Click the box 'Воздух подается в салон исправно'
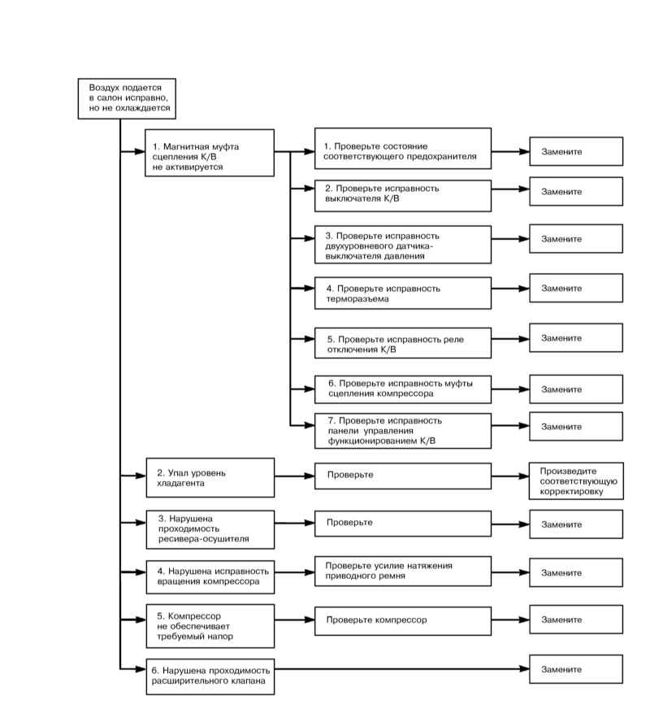coord(127,98)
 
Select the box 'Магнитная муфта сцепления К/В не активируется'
coord(210,153)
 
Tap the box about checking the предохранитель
coord(403,149)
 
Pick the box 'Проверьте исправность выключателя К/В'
coord(403,196)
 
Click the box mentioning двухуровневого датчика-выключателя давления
coord(403,245)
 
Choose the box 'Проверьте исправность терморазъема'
coord(403,293)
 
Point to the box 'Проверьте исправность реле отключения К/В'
coord(403,343)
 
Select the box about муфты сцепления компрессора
coord(403,389)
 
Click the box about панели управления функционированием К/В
coord(403,431)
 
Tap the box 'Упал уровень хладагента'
coord(210,477)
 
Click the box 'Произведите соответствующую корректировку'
coord(576,481)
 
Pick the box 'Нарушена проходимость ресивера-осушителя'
coord(210,529)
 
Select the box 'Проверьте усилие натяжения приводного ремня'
coord(403,571)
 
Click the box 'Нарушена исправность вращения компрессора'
coord(210,577)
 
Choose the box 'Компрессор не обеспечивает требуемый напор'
coord(210,626)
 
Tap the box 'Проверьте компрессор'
coord(403,620)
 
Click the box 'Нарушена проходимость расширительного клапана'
coord(210,676)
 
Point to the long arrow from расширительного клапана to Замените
coord(402,669)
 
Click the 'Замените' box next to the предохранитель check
coord(576,151)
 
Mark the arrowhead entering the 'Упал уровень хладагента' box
coord(141,476)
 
